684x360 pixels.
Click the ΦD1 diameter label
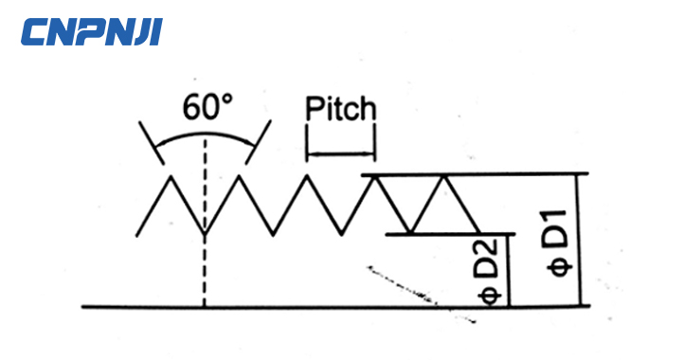559,243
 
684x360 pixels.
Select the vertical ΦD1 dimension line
577,241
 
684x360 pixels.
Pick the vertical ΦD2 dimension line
509,270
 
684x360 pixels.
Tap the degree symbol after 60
227,99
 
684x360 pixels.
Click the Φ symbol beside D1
559,264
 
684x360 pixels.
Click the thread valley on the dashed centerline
205,233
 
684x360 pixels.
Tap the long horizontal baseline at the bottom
284,307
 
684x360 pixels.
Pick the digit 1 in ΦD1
559,220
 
